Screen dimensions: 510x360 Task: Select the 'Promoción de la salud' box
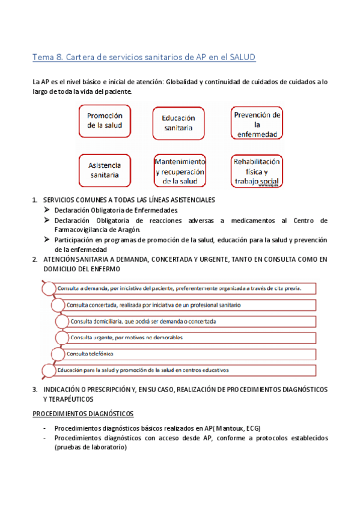(105, 121)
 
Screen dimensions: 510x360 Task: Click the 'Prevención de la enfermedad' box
(257, 123)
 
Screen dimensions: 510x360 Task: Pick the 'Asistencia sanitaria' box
(105, 170)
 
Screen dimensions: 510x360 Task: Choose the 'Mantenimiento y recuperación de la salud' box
(180, 171)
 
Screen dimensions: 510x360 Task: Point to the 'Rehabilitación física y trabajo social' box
(257, 171)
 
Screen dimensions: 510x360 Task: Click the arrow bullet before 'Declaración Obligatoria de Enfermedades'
(47, 210)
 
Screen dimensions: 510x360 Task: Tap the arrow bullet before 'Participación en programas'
(47, 239)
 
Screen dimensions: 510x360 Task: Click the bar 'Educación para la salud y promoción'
(180, 370)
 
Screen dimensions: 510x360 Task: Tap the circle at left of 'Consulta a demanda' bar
(47, 289)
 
